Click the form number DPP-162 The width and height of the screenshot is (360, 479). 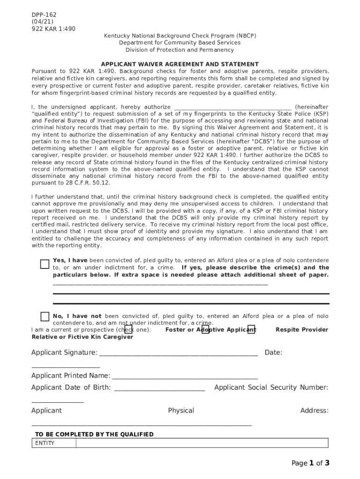click(x=43, y=15)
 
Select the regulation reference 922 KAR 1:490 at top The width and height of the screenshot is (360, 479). click(x=53, y=29)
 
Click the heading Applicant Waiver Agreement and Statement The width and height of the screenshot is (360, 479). click(x=180, y=64)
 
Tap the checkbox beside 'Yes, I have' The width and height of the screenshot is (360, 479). click(x=44, y=264)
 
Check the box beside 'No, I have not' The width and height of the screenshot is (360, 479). click(x=44, y=317)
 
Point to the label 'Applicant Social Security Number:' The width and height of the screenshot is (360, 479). click(x=271, y=387)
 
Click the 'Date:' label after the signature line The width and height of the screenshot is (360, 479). click(x=274, y=352)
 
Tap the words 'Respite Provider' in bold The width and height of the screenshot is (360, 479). click(x=302, y=330)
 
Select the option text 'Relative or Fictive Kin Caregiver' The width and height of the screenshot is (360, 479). click(x=82, y=337)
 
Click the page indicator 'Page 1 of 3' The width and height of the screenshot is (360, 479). click(x=310, y=463)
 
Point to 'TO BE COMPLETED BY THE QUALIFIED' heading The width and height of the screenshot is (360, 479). click(x=94, y=435)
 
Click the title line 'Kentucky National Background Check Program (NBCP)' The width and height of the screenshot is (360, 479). click(x=180, y=36)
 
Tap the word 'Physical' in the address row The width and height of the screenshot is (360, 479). click(x=181, y=410)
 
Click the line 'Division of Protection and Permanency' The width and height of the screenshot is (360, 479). click(x=180, y=50)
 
